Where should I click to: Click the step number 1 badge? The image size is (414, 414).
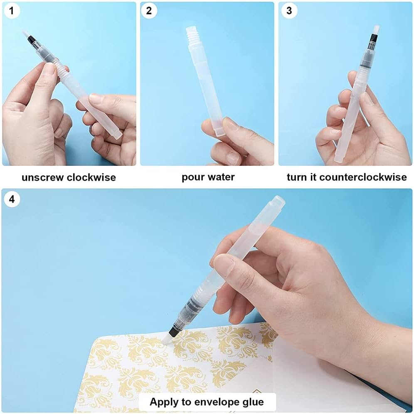coord(11,11)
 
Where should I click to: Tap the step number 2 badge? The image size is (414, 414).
coord(149,11)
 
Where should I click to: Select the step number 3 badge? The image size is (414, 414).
coord(289,11)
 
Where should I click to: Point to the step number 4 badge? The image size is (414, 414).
coord(12,199)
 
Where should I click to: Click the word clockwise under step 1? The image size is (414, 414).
coord(91,177)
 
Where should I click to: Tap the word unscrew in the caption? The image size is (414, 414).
coord(42,178)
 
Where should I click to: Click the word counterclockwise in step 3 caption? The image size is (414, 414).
coord(363,177)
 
